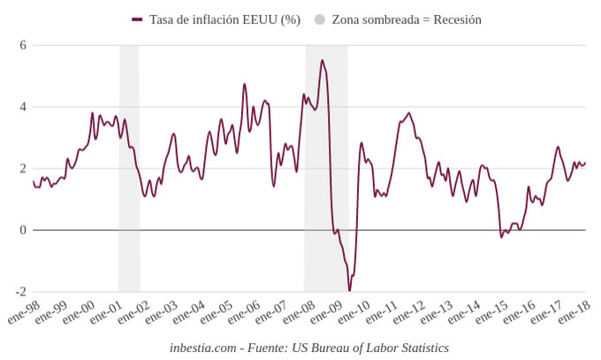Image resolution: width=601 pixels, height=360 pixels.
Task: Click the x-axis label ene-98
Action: (x=23, y=312)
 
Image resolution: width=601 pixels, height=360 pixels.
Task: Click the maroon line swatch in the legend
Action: (x=137, y=19)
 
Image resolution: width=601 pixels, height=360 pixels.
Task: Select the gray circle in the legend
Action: (x=320, y=19)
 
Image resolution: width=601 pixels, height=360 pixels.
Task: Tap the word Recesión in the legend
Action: (x=453, y=19)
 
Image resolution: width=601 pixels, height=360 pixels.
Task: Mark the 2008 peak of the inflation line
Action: (x=322, y=60)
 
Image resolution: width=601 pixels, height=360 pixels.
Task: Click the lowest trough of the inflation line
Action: (x=349, y=290)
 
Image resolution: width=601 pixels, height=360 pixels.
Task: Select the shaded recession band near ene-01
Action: (x=129, y=168)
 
